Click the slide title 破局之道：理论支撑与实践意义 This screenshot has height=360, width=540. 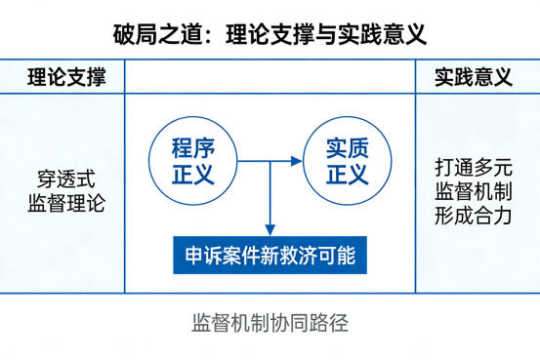click(x=270, y=35)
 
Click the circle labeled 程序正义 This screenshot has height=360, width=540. click(x=192, y=160)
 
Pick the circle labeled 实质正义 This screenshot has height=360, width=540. click(x=347, y=160)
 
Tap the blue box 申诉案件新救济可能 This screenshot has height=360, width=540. click(x=270, y=256)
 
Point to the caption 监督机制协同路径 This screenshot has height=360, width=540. click(x=270, y=323)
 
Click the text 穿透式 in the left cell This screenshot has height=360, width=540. click(x=66, y=180)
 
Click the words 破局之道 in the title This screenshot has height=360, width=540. click(x=153, y=35)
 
